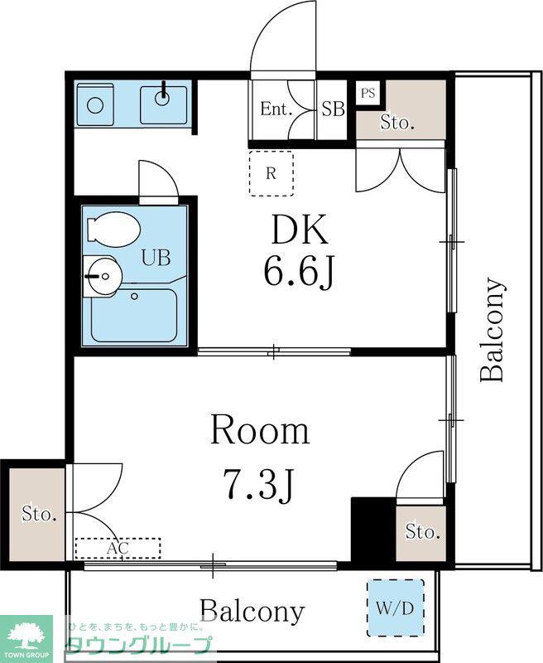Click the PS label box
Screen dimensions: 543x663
click(368, 93)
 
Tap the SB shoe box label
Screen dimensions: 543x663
click(333, 109)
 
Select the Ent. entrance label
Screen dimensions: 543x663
click(276, 109)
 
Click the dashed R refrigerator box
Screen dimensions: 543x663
click(271, 173)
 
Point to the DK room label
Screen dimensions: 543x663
click(300, 230)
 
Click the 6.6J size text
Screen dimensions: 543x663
click(299, 273)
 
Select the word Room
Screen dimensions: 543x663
click(260, 430)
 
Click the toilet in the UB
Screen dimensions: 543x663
click(113, 229)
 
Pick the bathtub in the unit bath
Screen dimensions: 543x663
click(133, 316)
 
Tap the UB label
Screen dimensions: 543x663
click(156, 258)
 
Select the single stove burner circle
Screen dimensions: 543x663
click(95, 105)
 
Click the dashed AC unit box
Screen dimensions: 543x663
click(118, 549)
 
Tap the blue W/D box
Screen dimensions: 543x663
click(395, 607)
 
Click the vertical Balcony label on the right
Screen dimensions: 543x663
click(493, 329)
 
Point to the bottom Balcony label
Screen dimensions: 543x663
click(252, 611)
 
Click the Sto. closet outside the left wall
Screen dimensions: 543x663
click(37, 515)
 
